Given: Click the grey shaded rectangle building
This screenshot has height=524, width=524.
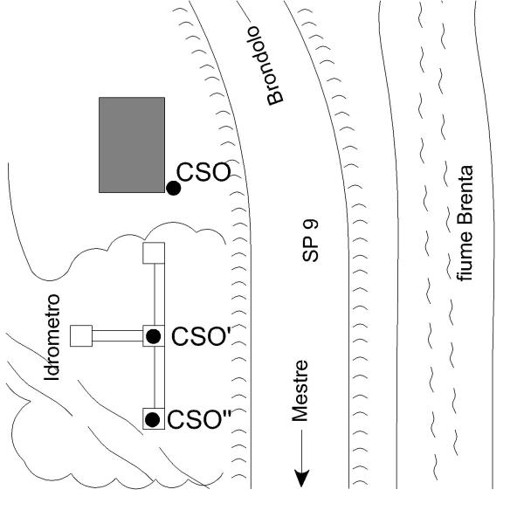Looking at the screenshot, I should click(x=131, y=144).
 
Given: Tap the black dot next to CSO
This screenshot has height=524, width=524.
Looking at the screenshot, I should click(x=174, y=188).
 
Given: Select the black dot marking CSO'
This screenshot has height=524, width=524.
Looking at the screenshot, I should click(x=153, y=335).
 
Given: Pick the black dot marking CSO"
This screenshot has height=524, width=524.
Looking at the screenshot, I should click(x=153, y=419).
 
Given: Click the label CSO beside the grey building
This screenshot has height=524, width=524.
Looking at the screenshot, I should click(x=203, y=172).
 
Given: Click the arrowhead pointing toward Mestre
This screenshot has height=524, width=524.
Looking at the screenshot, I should click(x=302, y=478).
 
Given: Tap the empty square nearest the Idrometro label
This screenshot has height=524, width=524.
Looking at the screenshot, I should click(x=81, y=335).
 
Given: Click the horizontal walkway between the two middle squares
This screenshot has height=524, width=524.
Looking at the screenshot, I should click(x=118, y=335).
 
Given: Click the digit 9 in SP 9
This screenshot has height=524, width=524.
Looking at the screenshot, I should click(x=311, y=228).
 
